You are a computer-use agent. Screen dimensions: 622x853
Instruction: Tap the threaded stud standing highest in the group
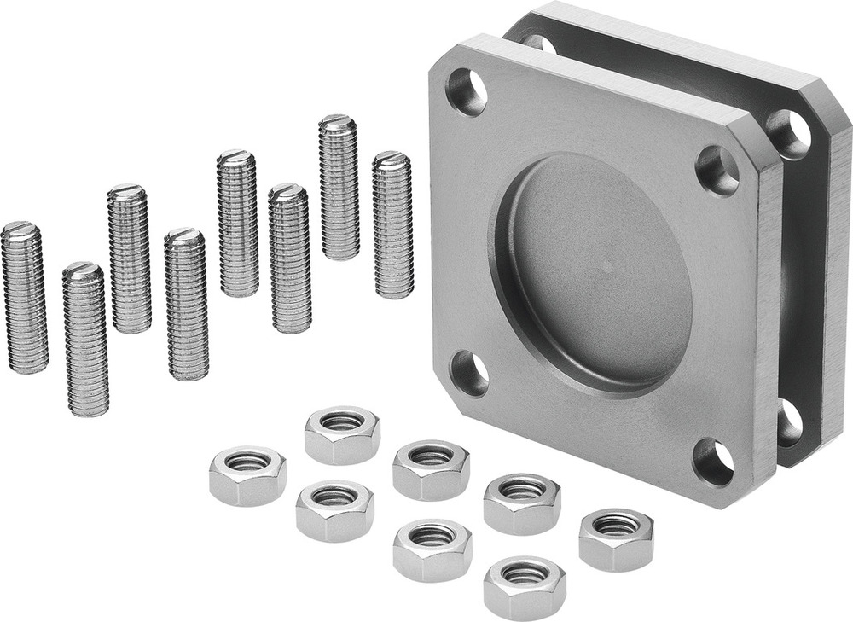pyautogui.click(x=339, y=187)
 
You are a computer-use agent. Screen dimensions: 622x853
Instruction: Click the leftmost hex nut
pyautogui.click(x=247, y=474)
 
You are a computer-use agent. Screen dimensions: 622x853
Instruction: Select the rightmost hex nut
pyautogui.click(x=616, y=538)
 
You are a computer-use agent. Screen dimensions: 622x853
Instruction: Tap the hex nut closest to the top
pyautogui.click(x=342, y=434)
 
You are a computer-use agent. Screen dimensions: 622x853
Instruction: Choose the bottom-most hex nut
pyautogui.click(x=524, y=586)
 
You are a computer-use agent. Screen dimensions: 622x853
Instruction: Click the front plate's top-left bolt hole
pyautogui.click(x=467, y=92)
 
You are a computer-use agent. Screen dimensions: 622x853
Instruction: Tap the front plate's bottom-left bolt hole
pyautogui.click(x=470, y=374)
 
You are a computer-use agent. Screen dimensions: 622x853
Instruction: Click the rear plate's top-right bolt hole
pyautogui.click(x=788, y=131)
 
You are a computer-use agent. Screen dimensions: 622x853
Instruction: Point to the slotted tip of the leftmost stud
pyautogui.click(x=21, y=229)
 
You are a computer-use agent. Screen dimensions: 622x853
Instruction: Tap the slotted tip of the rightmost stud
pyautogui.click(x=391, y=158)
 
